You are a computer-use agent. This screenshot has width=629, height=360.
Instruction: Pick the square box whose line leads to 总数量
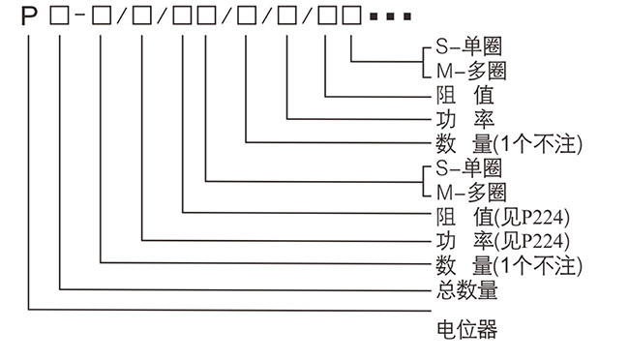pos(61,18)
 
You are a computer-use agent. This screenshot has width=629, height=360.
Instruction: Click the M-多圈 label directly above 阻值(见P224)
pos(465,192)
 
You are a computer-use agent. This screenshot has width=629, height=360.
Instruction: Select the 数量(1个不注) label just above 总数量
pos(502,264)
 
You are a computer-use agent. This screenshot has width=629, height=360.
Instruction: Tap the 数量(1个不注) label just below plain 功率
pos(502,144)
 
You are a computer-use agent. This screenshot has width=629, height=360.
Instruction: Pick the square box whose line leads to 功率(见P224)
pos(142,18)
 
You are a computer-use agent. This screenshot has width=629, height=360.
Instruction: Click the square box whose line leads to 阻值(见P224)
pos(183,18)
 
